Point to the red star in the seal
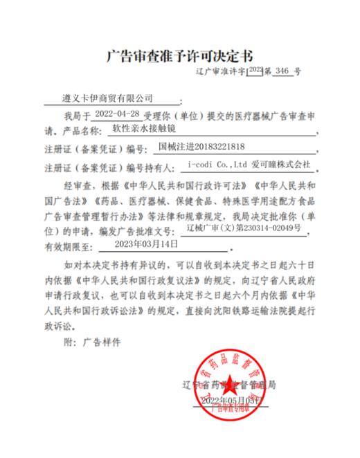228,385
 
